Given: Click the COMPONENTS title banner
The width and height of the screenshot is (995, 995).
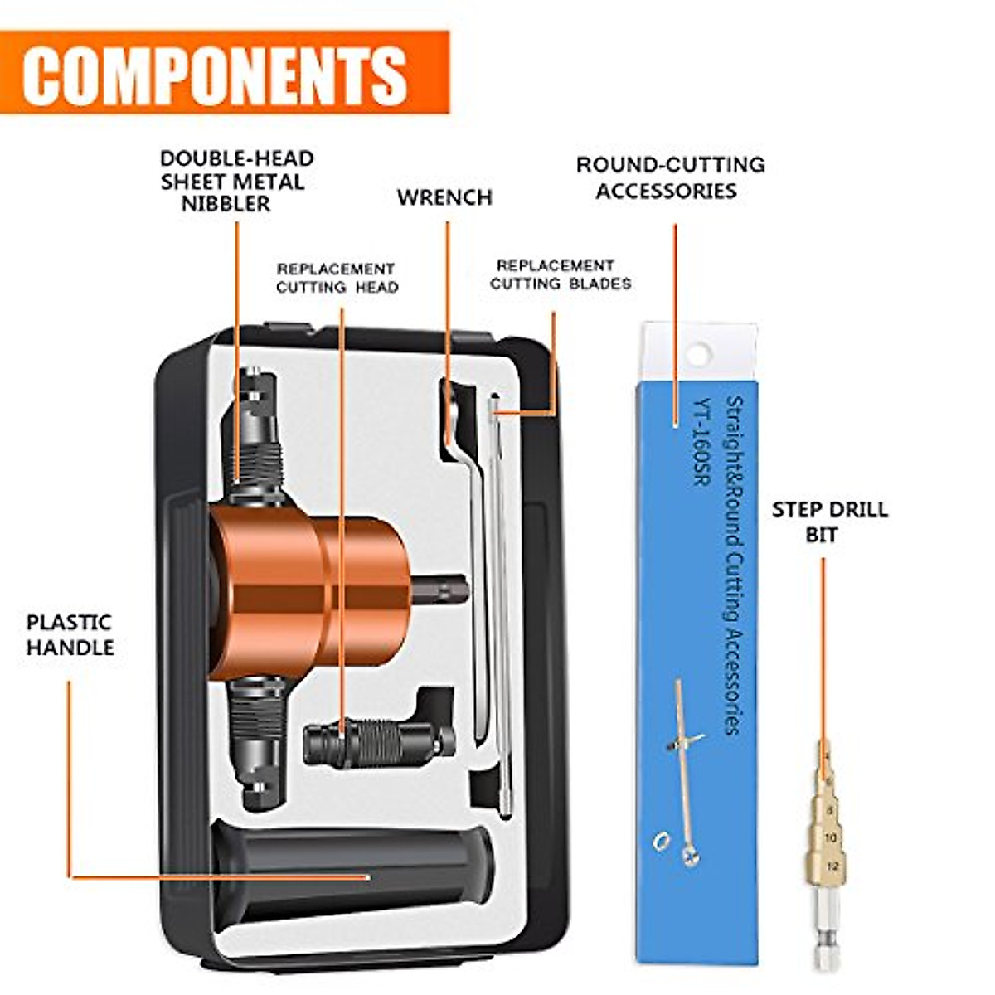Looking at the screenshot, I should [224, 73].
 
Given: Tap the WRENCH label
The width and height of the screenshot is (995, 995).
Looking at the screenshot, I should [444, 198].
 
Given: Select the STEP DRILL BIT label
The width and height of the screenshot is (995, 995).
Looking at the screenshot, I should [829, 522].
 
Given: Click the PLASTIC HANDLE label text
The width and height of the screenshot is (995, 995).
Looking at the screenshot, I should [70, 635].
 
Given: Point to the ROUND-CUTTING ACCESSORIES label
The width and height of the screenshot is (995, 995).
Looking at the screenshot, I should [670, 177].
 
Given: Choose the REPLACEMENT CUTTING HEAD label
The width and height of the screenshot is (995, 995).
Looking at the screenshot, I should [337, 279].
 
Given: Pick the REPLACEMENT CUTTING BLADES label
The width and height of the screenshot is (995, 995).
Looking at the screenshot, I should [560, 274].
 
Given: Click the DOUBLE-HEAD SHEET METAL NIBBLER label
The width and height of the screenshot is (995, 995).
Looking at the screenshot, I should [237, 181].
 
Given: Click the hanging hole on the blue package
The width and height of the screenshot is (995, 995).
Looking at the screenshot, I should [699, 354].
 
